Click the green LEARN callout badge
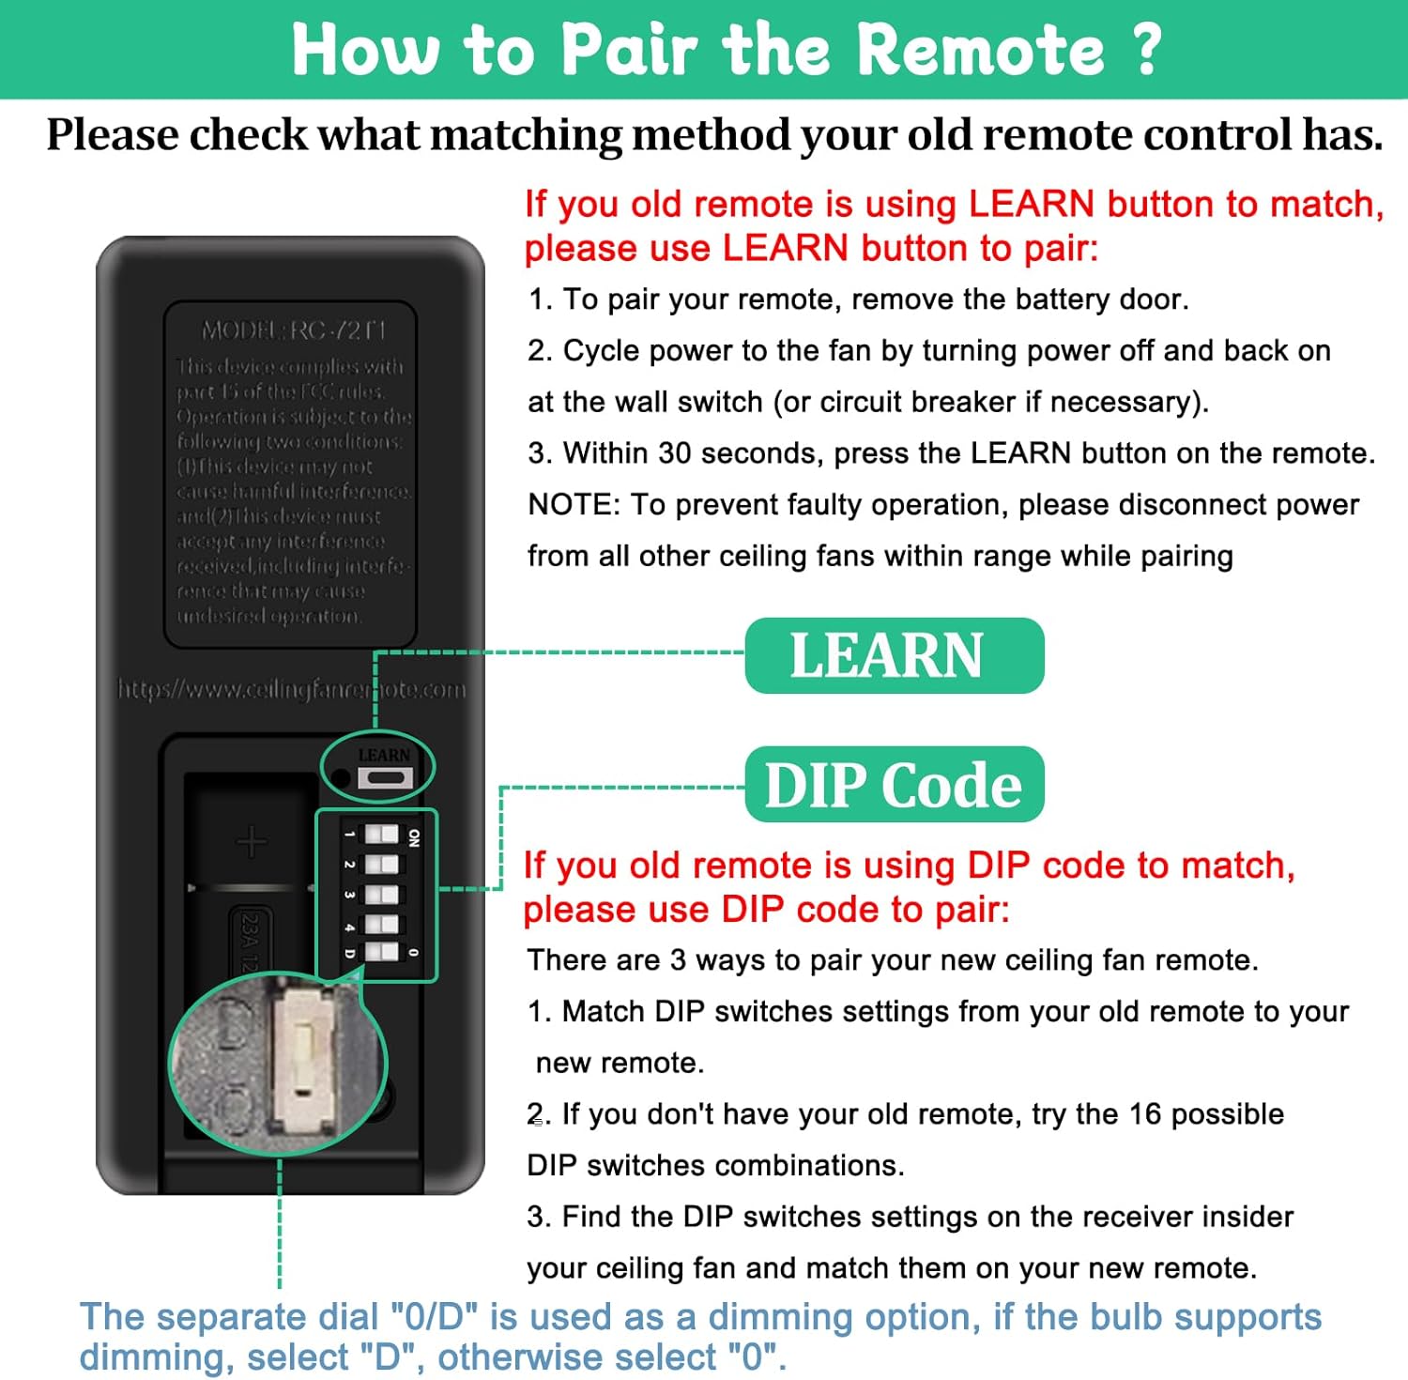pos(894,655)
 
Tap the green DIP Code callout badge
pos(894,785)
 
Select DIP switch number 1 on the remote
pos(381,835)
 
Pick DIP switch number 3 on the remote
pos(381,894)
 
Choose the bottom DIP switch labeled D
pos(381,952)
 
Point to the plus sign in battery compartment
pos(252,842)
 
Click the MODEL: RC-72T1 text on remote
pos(294,330)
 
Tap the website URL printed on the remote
pos(291,690)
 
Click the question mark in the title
pos(1147,49)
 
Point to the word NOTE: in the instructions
pos(574,505)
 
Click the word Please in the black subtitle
pos(113,135)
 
